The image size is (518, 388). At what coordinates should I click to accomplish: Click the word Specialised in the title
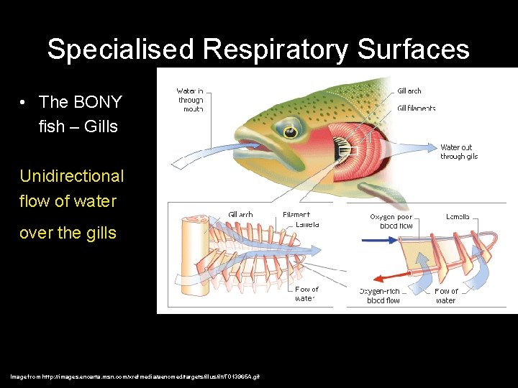121,50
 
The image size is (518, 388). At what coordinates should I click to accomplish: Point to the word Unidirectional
71,176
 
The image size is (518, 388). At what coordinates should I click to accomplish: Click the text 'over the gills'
68,233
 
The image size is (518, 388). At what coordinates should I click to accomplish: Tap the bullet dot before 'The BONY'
24,103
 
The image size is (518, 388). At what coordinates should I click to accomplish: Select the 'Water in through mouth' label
191,100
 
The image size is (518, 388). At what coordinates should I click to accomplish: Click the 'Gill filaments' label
417,108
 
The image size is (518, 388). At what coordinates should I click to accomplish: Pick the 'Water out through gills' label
459,152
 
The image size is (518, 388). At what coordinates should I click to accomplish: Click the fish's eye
290,130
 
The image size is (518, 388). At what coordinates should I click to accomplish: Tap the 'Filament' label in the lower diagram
296,214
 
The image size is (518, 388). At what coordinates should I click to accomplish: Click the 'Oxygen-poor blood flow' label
391,221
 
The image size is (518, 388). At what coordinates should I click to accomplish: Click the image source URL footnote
135,377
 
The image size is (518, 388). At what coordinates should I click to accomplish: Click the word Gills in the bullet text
101,127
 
